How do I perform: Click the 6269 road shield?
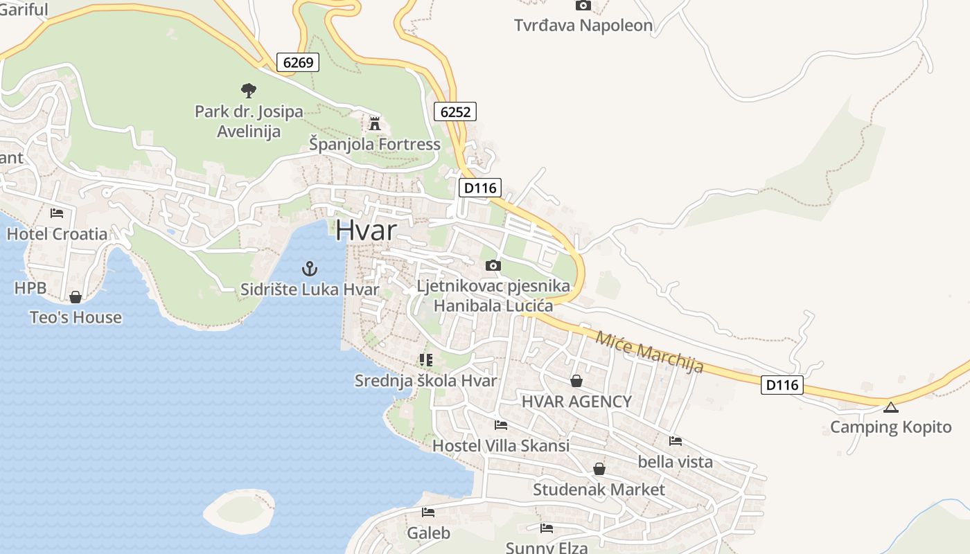coord(299,62)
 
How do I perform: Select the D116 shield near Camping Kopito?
coord(782,385)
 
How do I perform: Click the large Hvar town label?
coord(366,231)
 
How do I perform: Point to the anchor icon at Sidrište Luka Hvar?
coord(310,269)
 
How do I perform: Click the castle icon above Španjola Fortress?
coord(375,124)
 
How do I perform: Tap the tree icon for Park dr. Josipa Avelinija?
coord(248,90)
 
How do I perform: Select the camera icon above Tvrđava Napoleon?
coord(583,6)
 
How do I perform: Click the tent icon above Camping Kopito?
coord(890,407)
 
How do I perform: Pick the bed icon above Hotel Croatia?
coord(57,213)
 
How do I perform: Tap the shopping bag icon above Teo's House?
coord(76,297)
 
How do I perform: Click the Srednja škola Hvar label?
coord(425,381)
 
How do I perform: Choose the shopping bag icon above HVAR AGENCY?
coord(576,381)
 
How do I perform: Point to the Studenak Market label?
coord(599,490)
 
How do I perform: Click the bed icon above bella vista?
coord(676,441)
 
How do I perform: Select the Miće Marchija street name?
coord(649,351)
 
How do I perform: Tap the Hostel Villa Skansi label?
coord(501,445)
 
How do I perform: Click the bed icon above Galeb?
coord(428,512)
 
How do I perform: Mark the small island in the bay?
coord(239,509)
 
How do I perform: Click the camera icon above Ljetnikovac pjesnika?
coord(493,265)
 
